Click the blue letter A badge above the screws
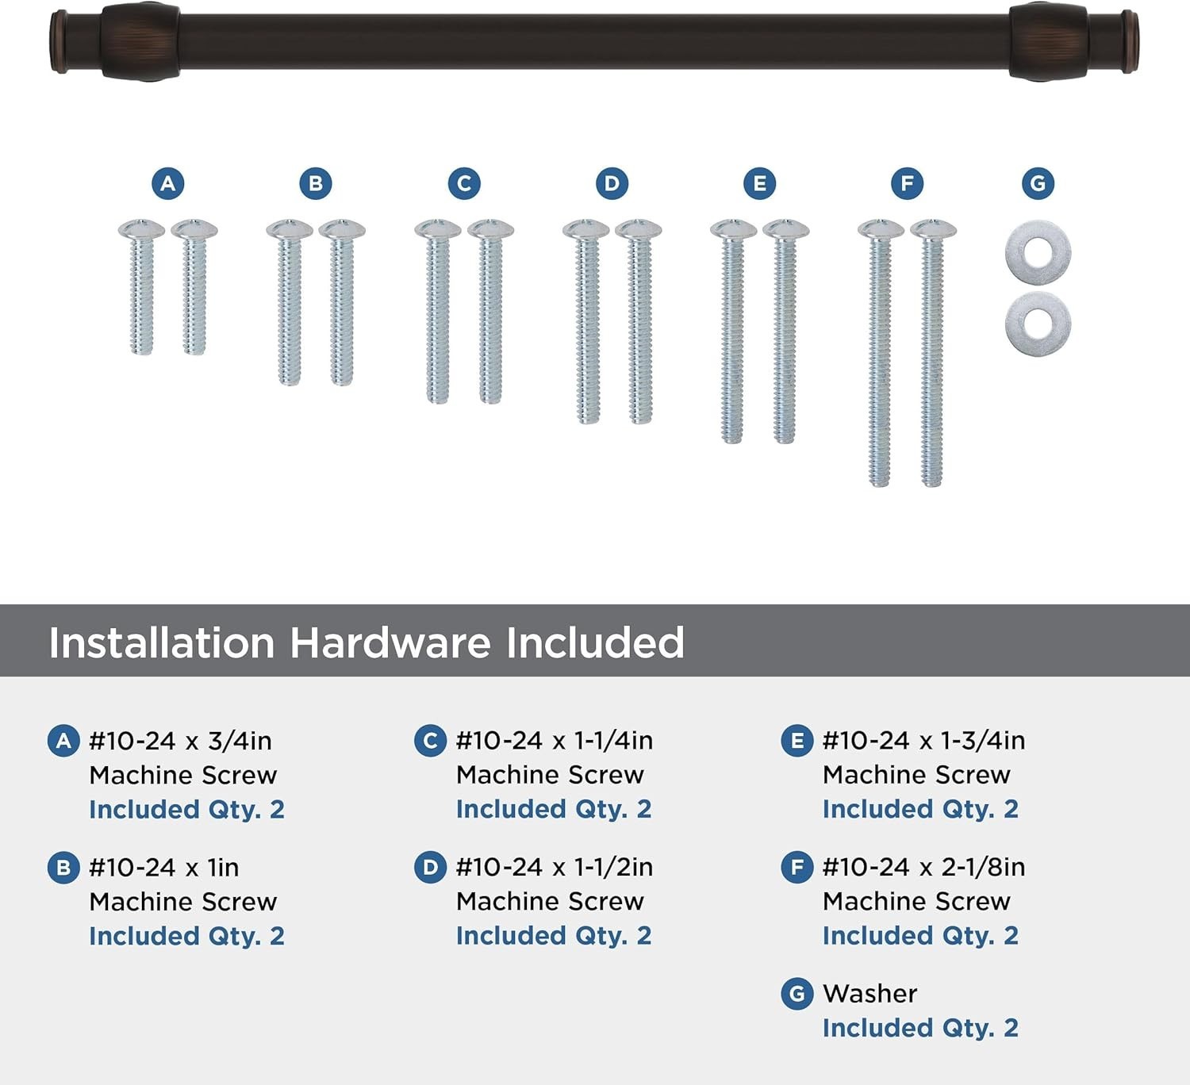[x=168, y=183]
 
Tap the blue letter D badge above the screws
[x=612, y=183]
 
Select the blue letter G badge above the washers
[x=1038, y=183]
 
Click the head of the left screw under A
[x=141, y=229]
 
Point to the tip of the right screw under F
[x=932, y=485]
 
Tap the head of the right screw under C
[x=490, y=229]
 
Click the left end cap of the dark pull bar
[x=59, y=41]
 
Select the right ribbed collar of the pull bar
[x=1049, y=41]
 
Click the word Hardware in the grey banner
[x=390, y=642]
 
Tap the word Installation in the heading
[x=161, y=642]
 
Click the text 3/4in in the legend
[x=240, y=741]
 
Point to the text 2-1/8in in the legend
[x=984, y=868]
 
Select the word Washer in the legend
[x=869, y=994]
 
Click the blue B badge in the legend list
[x=63, y=868]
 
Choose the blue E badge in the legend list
[x=797, y=741]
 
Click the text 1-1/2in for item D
[x=613, y=868]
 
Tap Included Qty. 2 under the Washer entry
[x=920, y=1028]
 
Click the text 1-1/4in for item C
[x=613, y=741]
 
